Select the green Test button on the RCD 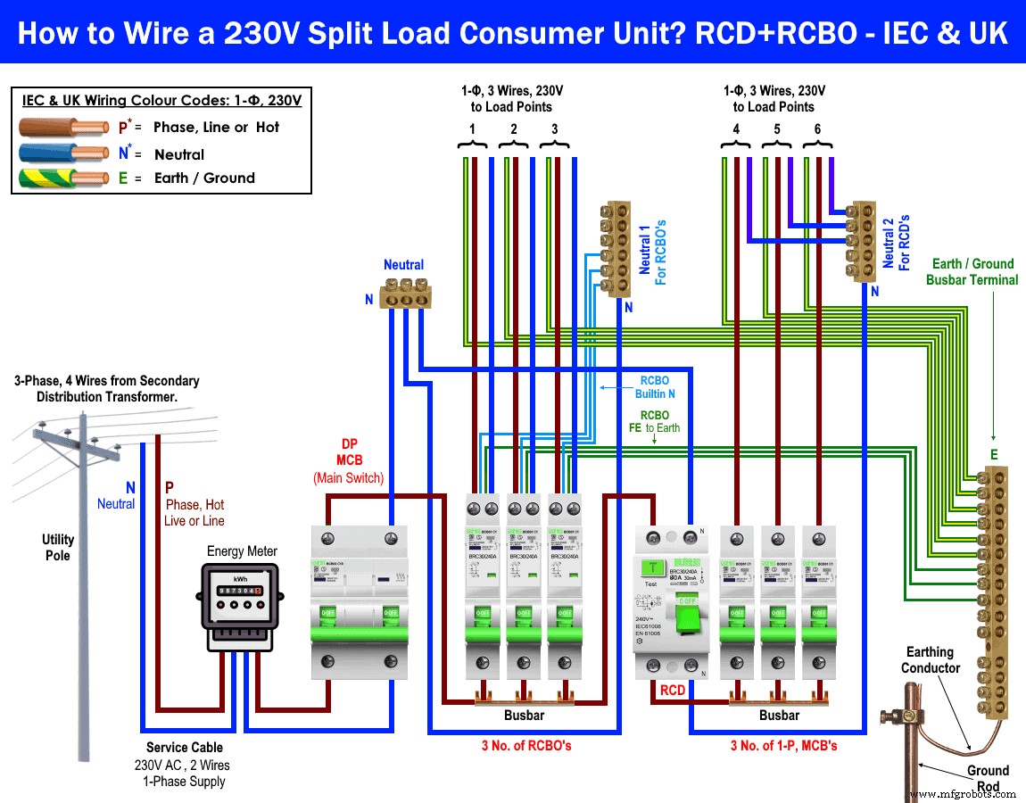click(x=653, y=568)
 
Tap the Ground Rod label click(x=988, y=778)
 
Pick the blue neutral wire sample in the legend click(x=62, y=153)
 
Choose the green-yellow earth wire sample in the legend click(x=62, y=178)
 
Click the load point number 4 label click(x=736, y=129)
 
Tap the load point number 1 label click(x=473, y=129)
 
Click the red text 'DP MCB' click(x=349, y=451)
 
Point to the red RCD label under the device click(x=673, y=691)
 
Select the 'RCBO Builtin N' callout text click(x=654, y=386)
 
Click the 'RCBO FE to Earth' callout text click(x=654, y=421)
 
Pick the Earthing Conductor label click(x=930, y=660)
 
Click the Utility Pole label click(x=58, y=547)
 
